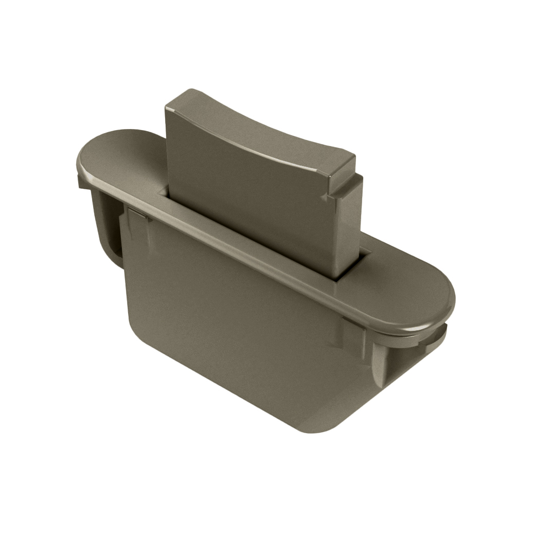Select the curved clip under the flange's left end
tap(105, 226)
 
